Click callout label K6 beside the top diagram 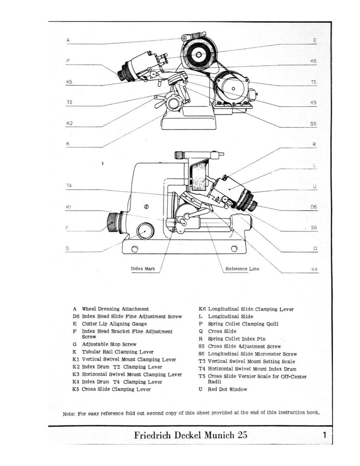313,61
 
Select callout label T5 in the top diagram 313,82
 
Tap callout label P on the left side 68,61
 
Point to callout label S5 313,124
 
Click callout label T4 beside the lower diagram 69,186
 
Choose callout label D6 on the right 313,206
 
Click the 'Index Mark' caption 143,269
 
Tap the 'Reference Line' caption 242,269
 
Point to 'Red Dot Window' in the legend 227,389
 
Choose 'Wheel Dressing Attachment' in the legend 115,309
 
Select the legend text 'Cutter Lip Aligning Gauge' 114,324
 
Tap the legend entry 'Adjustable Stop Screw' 109,344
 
